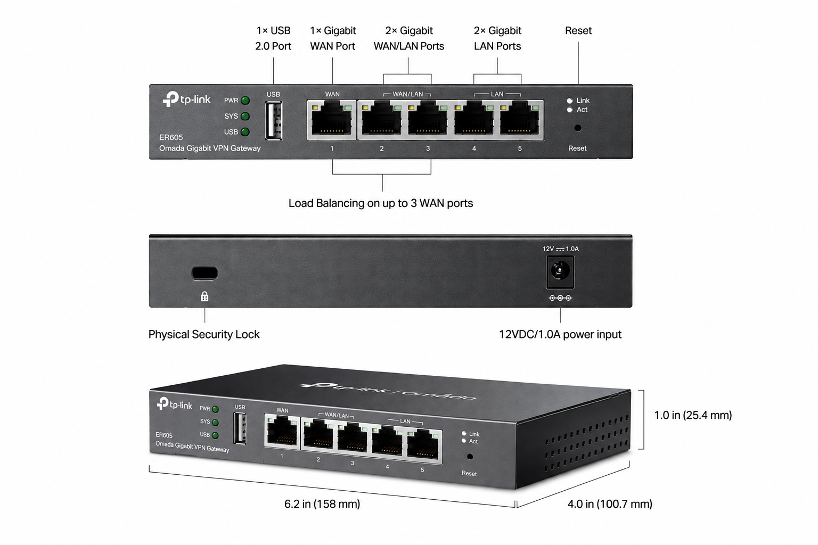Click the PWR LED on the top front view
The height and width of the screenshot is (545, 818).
246,101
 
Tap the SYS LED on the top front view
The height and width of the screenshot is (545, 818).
246,116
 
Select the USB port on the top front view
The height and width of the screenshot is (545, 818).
274,120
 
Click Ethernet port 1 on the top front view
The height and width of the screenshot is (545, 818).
332,120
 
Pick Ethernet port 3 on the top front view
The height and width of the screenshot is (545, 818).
428,120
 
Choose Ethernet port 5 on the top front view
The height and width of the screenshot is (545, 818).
520,120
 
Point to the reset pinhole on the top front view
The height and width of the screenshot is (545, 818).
578,128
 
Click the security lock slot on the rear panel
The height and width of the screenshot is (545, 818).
204,273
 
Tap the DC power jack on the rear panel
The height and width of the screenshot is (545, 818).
560,272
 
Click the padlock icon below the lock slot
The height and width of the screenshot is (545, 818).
204,296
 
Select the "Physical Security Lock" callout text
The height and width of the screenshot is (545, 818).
204,334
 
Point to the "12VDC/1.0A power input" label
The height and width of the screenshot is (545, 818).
560,334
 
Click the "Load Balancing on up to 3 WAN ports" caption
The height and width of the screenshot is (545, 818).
381,203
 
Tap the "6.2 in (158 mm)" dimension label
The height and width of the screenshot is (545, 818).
322,504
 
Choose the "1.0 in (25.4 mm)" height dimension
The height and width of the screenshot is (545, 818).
693,416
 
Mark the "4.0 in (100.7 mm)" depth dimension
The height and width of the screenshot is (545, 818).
609,504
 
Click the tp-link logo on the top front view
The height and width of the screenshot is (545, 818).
186,99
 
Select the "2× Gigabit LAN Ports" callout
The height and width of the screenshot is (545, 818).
497,38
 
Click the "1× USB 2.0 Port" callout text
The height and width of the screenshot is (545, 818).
273,38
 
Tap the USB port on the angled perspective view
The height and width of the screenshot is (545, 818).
240,428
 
